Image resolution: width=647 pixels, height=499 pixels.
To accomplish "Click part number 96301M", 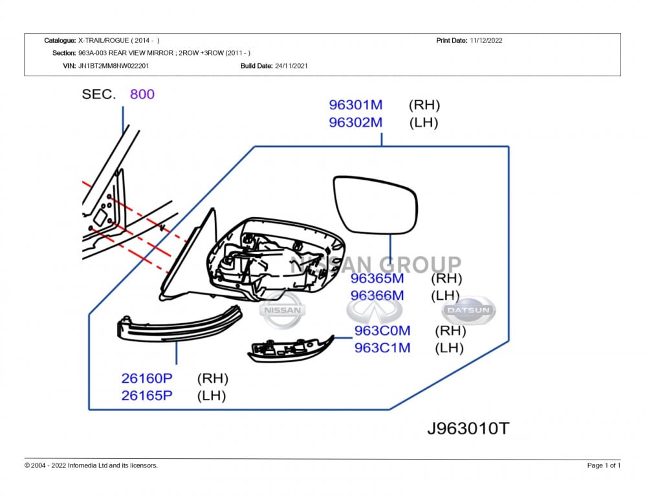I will click(x=355, y=105).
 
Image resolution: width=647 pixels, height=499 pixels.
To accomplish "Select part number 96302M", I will click(x=355, y=123).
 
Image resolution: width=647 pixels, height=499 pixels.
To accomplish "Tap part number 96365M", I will click(x=377, y=279).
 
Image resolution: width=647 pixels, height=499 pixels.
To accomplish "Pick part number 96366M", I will click(x=377, y=295).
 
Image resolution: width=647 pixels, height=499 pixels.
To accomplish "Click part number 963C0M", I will click(x=382, y=331).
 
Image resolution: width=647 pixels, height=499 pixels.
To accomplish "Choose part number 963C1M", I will click(x=382, y=348).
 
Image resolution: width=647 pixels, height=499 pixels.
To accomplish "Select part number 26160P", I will click(x=147, y=379).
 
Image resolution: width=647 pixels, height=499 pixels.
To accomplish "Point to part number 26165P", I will click(x=147, y=396).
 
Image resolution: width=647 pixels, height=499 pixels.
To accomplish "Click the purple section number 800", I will click(x=142, y=94).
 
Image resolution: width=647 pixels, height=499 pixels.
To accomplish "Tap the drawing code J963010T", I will click(x=468, y=428).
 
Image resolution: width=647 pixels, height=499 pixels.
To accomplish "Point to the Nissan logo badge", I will click(x=281, y=310).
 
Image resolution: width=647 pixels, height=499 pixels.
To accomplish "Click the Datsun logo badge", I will click(x=469, y=311).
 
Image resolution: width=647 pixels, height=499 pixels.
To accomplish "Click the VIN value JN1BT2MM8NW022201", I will click(x=114, y=66).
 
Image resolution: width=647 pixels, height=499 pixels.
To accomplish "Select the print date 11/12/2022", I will click(x=486, y=40).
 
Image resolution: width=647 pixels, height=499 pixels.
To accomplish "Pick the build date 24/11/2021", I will click(x=291, y=66).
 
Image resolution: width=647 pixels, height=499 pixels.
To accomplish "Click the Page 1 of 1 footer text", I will click(x=604, y=465).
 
